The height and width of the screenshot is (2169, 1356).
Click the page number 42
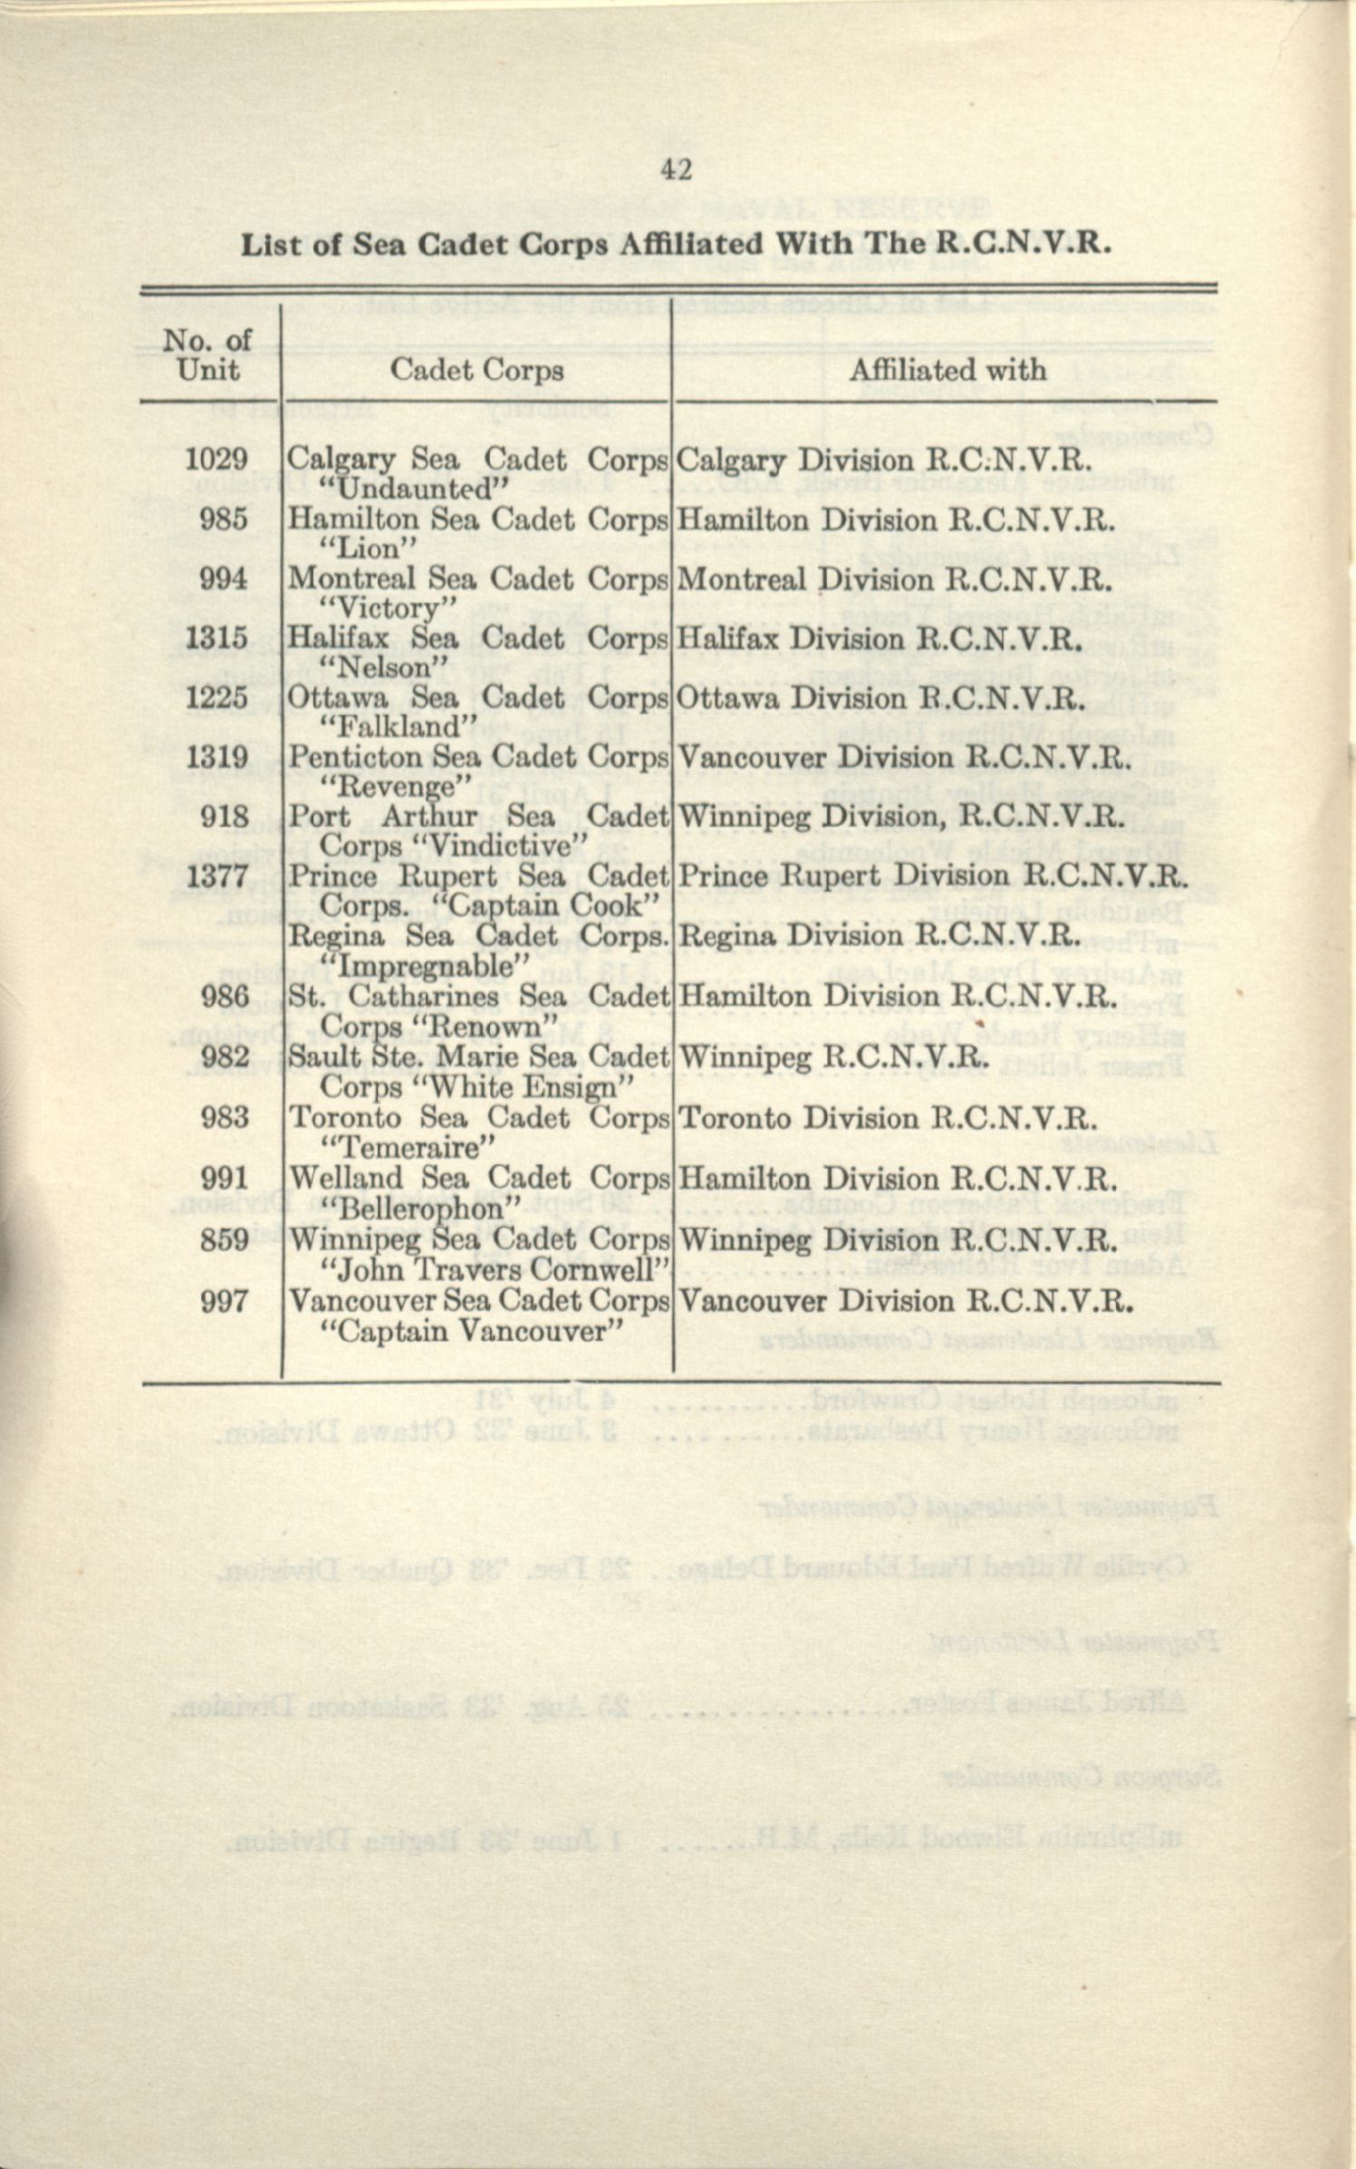(678, 170)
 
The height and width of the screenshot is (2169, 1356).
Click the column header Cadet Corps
(476, 370)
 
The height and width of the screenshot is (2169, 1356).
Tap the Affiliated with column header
(947, 370)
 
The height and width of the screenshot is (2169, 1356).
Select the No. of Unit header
(207, 355)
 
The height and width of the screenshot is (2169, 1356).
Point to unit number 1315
(216, 639)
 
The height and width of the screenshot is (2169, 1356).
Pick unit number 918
(224, 817)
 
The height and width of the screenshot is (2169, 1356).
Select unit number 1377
(216, 877)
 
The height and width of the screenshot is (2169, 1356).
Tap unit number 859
(224, 1239)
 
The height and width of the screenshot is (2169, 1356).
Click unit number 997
(224, 1301)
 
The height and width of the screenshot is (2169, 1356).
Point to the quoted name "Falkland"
(399, 727)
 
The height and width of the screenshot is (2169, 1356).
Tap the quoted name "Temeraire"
(413, 1148)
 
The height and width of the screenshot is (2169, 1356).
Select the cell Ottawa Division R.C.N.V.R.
(880, 699)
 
